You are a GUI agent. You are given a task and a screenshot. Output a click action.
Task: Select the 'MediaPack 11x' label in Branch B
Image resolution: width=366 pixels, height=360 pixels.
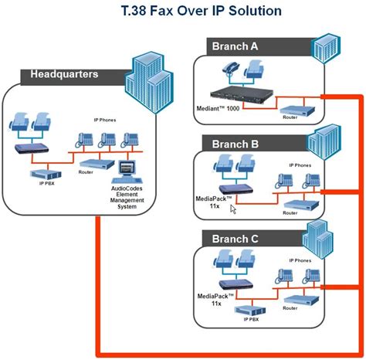pos(210,202)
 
